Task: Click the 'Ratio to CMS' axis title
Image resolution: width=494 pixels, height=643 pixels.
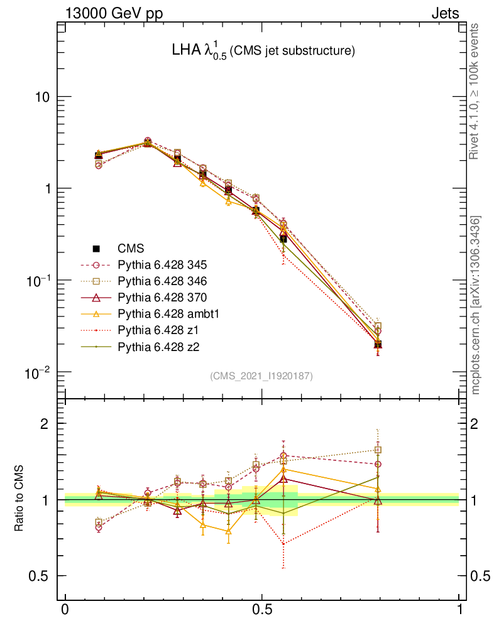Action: point(19,499)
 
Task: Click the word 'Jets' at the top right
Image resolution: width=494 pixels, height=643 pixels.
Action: point(444,13)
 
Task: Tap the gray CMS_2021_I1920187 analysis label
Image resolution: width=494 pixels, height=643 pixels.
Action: point(261,376)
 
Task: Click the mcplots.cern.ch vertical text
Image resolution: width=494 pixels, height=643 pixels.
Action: point(476,305)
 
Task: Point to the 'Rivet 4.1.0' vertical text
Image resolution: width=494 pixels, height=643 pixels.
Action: point(476,91)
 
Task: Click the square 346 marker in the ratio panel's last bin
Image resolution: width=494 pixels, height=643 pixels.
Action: point(378,450)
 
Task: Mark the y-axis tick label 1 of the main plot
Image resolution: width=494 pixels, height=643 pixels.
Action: point(47,189)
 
